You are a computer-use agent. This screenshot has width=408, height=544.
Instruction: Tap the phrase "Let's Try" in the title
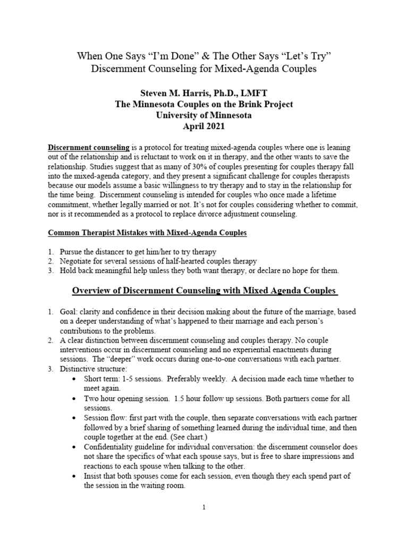pos(307,56)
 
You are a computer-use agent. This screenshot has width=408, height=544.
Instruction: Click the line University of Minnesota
pos(204,115)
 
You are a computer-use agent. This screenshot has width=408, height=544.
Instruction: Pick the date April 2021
pos(204,126)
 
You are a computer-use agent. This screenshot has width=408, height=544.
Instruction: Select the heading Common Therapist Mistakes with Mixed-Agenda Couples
pos(147,233)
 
